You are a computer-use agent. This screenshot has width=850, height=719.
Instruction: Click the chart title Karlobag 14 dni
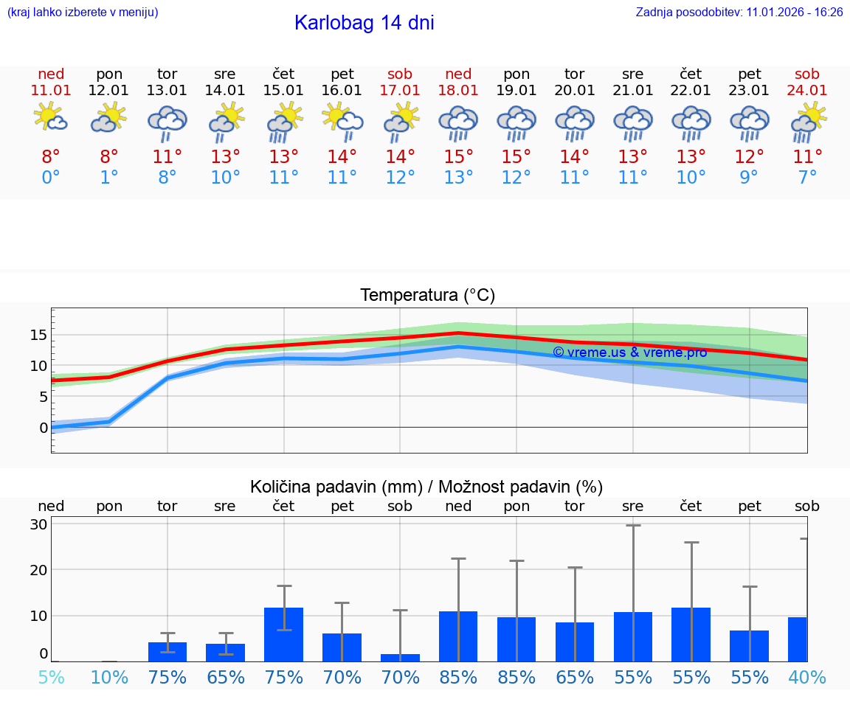[x=364, y=23]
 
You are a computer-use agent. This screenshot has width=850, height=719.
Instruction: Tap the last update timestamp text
[x=739, y=13]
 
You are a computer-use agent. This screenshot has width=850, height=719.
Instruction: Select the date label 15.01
[x=283, y=91]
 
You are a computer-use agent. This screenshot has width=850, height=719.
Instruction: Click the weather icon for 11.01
[x=51, y=118]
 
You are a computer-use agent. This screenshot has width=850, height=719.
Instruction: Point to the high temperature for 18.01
[x=458, y=157]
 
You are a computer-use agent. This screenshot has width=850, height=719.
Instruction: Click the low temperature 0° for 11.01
[x=51, y=178]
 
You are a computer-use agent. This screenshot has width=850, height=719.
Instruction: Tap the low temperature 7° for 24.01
[x=807, y=178]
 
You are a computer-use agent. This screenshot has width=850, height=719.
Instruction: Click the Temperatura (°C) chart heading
[x=427, y=296]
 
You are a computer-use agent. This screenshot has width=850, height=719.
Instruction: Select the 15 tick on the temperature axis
[x=38, y=335]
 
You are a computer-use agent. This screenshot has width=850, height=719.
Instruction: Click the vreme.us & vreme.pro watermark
[x=629, y=352]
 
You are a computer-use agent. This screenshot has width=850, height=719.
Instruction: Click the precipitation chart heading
[x=426, y=487]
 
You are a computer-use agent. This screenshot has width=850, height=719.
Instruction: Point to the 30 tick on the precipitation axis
[x=38, y=524]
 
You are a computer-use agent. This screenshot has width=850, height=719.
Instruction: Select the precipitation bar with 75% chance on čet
[x=283, y=634]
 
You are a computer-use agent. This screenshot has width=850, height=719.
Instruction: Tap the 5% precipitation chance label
[x=51, y=677]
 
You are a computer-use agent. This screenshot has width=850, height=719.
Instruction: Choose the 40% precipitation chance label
[x=807, y=677]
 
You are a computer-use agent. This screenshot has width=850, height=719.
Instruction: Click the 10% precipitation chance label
[x=109, y=677]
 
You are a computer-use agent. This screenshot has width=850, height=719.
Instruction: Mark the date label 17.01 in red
[x=400, y=91]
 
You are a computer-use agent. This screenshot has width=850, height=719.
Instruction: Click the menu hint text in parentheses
[x=83, y=13]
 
